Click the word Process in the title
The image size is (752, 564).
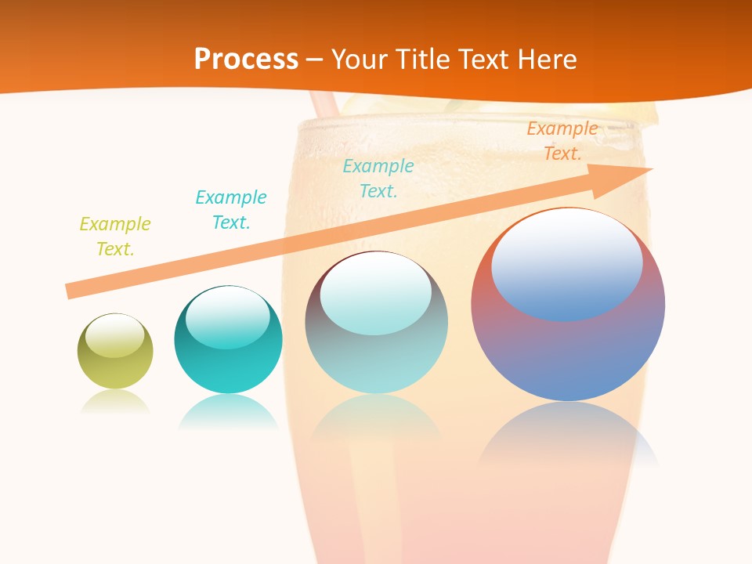[246, 59]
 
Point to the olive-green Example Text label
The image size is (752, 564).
[115, 237]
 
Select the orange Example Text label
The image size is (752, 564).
[562, 141]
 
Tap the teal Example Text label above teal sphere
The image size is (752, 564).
[231, 210]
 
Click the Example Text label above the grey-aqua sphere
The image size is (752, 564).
[378, 179]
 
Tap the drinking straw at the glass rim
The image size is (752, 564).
[324, 103]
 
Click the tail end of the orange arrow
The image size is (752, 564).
[72, 290]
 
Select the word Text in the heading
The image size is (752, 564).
[484, 59]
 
